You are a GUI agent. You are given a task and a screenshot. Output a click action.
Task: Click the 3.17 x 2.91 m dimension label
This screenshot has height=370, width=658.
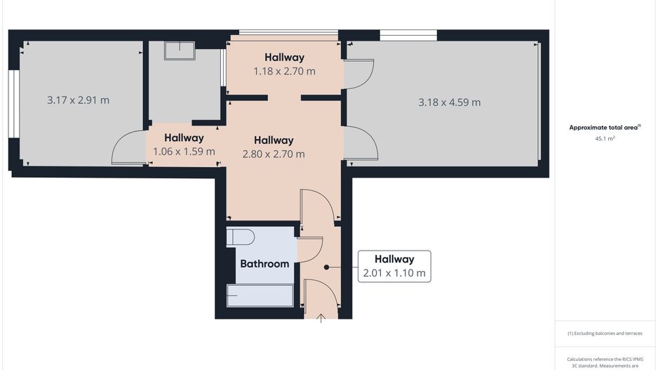pos(78,100)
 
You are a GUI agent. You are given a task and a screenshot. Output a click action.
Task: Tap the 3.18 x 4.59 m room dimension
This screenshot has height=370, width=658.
pos(449,102)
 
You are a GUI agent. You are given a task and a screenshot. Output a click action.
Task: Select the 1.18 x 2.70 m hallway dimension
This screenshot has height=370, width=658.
pos(284,71)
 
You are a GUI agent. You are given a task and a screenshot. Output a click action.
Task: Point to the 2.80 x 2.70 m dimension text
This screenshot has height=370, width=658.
pos(274,154)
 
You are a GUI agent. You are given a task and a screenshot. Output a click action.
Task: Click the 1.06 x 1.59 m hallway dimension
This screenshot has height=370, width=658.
pos(184,151)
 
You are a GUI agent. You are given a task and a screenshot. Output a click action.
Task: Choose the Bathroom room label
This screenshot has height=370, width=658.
pos(264,264)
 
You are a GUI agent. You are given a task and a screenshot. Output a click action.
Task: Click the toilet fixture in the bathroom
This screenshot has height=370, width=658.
pos(240,236)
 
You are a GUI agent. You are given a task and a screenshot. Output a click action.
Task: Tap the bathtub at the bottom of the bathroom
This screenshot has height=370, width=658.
pos(260,296)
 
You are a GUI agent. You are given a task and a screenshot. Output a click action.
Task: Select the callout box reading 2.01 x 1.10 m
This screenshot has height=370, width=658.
pos(394,266)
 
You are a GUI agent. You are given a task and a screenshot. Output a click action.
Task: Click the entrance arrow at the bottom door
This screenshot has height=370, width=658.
pos(321,318)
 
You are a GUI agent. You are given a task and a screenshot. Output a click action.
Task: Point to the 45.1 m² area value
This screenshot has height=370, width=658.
pos(604,139)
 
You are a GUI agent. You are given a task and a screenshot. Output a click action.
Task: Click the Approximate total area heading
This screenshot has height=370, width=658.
pos(604,127)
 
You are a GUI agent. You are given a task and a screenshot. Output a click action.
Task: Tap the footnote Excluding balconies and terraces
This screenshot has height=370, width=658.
pos(605,333)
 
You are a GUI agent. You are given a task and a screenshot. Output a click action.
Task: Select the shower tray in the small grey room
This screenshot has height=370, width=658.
pos(179,50)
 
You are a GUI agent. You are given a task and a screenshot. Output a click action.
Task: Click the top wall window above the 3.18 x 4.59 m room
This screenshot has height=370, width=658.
pos(408,35)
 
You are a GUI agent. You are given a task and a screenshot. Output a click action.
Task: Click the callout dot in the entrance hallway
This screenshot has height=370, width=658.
pos(326,267)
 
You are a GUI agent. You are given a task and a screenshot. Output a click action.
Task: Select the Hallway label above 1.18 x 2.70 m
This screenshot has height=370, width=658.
pos(284,58)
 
